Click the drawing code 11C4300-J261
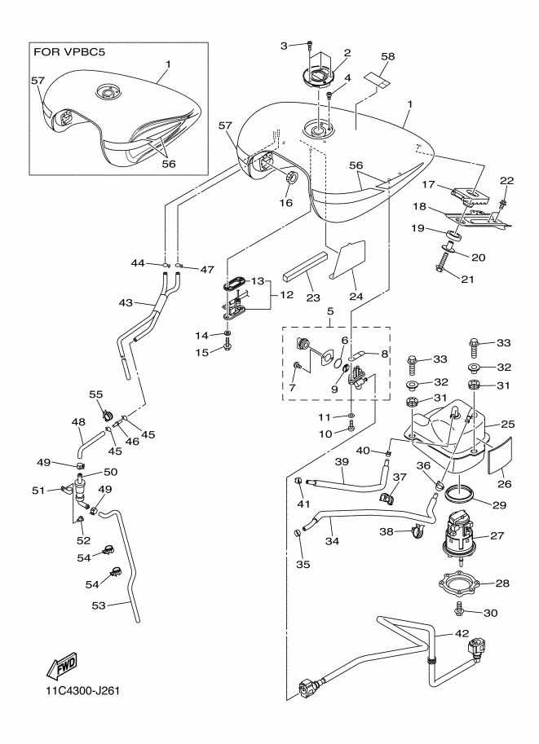(x=84, y=693)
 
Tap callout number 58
(x=387, y=56)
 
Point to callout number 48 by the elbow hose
(x=78, y=422)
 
